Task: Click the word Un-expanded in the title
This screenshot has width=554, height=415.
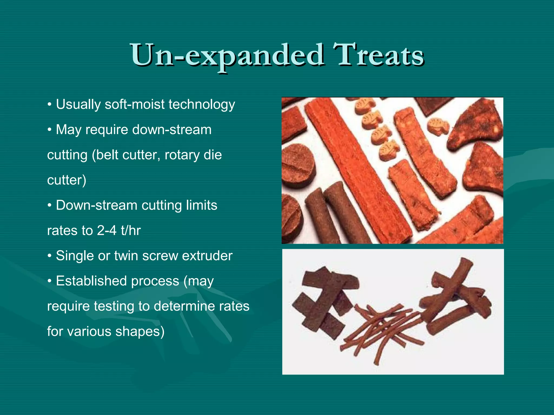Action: tap(227, 55)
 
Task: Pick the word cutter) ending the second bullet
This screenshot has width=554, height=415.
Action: tap(67, 180)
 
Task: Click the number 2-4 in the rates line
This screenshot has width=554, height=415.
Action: tap(107, 231)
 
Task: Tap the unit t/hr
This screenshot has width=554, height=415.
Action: tap(131, 231)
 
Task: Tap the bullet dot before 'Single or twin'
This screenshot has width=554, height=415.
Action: tap(50, 256)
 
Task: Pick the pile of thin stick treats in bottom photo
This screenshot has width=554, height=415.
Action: tap(384, 330)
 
